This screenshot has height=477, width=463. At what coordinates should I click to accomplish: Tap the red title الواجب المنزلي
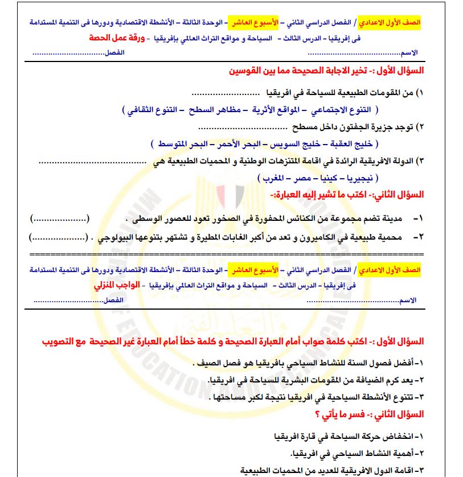pyautogui.click(x=115, y=285)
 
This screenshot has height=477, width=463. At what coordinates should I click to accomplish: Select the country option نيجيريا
pyautogui.click(x=358, y=178)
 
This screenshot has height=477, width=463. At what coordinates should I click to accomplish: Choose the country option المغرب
pyautogui.click(x=273, y=178)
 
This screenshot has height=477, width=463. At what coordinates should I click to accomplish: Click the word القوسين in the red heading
pyautogui.click(x=244, y=73)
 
